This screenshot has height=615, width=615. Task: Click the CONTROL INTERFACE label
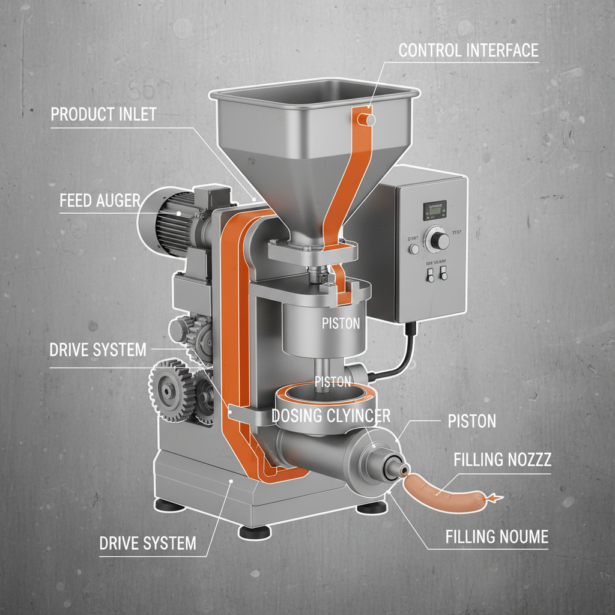(x=468, y=50)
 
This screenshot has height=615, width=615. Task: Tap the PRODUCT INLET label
(x=103, y=114)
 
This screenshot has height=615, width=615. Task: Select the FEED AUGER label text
(x=100, y=201)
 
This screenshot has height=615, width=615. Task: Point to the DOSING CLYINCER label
(x=332, y=415)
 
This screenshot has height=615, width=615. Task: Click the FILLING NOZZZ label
(x=503, y=461)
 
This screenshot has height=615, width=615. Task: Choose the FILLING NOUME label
(x=497, y=536)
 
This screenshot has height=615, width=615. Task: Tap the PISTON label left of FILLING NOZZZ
(x=472, y=421)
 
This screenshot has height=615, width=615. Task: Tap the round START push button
(x=413, y=249)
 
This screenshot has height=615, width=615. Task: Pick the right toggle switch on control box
(x=444, y=274)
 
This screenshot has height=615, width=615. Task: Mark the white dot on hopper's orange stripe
(x=371, y=121)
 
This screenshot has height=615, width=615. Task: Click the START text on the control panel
(x=413, y=237)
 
